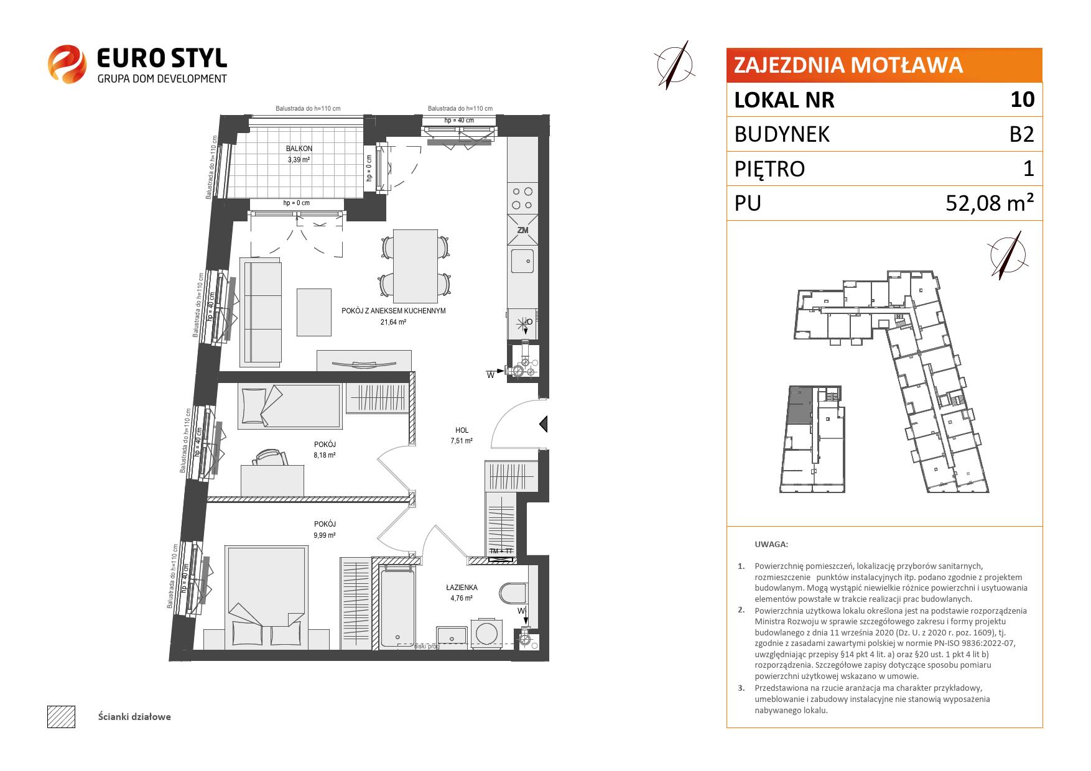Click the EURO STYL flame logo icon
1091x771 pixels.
pos(67,63)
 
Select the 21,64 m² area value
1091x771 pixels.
pos(393,322)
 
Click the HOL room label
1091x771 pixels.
pos(462,430)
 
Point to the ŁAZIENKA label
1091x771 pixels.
pos(462,587)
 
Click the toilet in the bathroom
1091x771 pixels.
pos(514,593)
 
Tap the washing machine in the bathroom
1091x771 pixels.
pos(486,631)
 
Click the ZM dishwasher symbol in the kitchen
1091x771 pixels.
pos(522,229)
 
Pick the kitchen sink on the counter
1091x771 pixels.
pos(522,261)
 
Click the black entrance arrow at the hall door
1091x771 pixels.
pos(543,424)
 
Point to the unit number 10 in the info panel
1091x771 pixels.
pos(1023,99)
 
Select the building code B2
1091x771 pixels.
pos(1021,134)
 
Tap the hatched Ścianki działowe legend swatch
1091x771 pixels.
pos(61,716)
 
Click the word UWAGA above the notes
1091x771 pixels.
pos(771,544)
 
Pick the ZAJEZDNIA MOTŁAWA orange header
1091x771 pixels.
pos(884,65)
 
